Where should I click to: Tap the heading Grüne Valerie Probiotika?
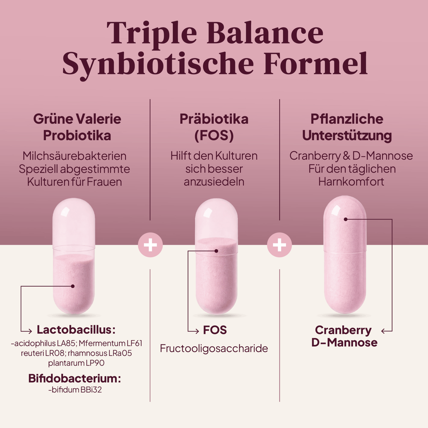[77, 127]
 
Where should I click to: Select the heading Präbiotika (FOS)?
[214, 127]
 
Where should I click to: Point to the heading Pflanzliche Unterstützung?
[347, 127]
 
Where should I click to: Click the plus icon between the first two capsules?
[150, 245]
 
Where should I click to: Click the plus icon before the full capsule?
[279, 245]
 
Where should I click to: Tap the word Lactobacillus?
[76, 330]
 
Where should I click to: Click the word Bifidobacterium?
[75, 378]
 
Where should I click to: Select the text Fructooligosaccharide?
[214, 348]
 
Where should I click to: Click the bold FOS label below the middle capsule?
[215, 330]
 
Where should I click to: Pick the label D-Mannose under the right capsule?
[344, 342]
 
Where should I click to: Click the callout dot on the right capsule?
[346, 219]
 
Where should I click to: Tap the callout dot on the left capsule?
[73, 286]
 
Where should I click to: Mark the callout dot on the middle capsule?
[216, 251]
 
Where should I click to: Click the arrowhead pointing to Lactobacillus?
[30, 331]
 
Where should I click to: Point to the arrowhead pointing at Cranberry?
[383, 331]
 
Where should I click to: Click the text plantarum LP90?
[76, 363]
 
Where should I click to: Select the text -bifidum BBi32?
[75, 390]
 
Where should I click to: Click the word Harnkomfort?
[351, 182]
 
